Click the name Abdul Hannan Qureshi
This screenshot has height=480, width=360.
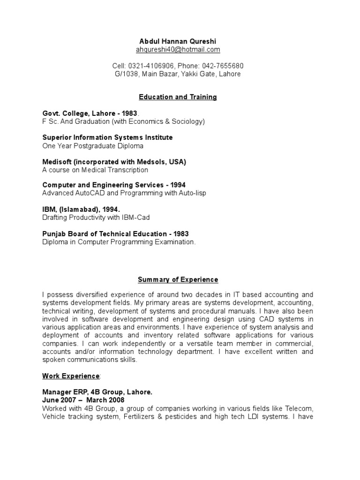point(178,41)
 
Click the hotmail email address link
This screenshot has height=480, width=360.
point(178,50)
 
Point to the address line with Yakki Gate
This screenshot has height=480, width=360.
point(178,74)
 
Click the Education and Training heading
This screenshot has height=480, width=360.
point(178,97)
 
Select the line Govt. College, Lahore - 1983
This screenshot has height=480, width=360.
point(90,113)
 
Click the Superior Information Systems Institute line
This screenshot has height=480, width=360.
point(107,137)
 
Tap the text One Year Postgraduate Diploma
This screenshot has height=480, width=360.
point(93,146)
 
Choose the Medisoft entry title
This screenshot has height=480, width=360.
point(114,162)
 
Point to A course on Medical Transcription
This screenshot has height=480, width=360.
point(95,170)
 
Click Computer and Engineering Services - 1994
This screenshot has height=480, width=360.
point(114,185)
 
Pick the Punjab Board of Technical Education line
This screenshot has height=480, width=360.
point(115,234)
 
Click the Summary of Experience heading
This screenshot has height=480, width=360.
point(178,280)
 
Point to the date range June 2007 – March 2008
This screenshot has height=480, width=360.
point(83,400)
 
